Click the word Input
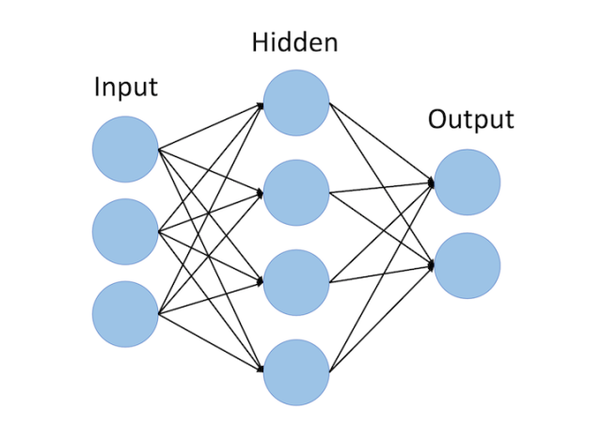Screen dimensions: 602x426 126,87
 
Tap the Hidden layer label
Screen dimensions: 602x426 294,41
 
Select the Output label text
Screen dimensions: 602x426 471,119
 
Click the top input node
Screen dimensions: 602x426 125,150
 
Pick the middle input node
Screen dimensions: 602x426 125,231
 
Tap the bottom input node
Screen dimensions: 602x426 125,314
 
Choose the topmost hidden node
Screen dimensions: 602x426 296,103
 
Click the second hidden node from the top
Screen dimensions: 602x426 296,193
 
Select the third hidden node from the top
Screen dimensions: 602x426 296,282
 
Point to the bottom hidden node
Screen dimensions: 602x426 296,372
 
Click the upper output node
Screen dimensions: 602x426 467,182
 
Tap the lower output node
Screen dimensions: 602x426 467,265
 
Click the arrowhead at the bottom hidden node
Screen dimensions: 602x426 261,370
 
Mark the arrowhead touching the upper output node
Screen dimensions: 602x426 431,183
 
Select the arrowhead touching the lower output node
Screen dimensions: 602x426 431,265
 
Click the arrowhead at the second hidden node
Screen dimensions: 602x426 261,193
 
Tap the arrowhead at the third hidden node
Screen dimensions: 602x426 261,282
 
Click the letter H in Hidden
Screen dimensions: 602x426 260,42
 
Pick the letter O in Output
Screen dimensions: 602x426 437,119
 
